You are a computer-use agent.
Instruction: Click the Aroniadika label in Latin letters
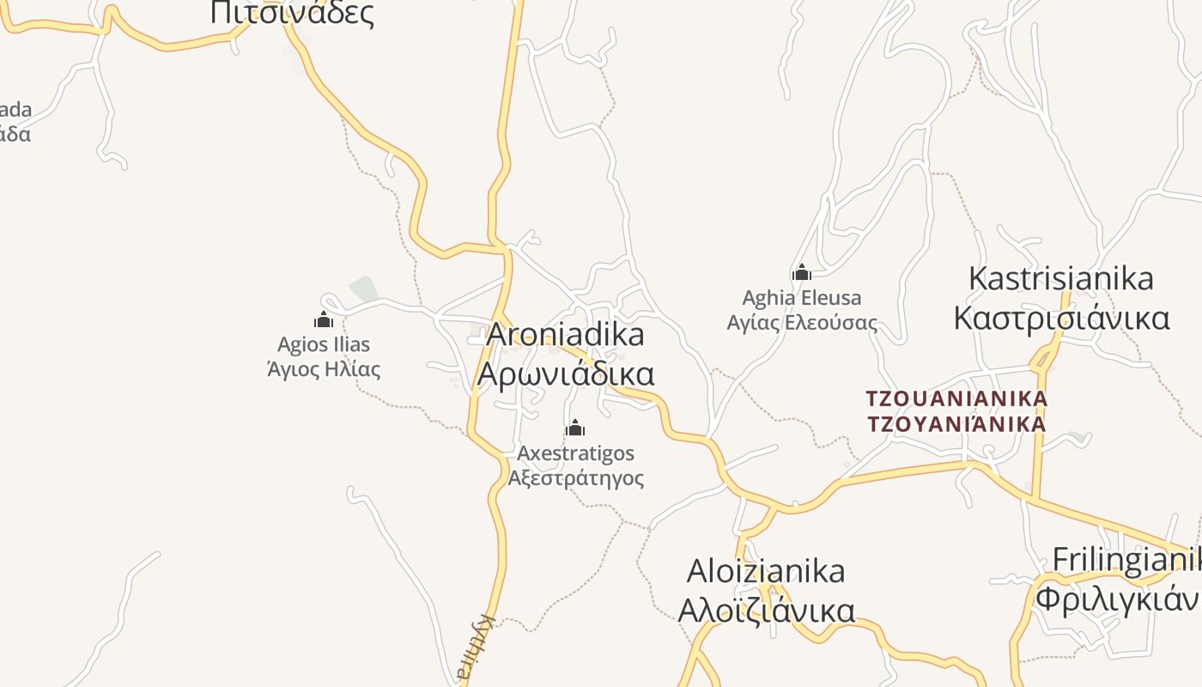[565, 335]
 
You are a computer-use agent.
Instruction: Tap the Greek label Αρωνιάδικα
[565, 374]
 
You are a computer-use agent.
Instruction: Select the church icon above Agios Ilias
[324, 320]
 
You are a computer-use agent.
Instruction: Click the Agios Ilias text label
[324, 344]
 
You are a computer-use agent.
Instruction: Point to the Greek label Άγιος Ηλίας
[324, 370]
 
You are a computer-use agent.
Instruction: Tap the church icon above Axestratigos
[575, 428]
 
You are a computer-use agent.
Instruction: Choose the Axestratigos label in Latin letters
[575, 453]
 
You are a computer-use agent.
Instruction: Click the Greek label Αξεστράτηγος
[575, 477]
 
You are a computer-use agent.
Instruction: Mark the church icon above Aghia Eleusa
[802, 273]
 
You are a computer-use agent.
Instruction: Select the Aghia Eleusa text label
[802, 298]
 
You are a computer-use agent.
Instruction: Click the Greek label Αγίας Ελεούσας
[802, 323]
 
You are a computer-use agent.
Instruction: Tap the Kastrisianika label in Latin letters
[1061, 279]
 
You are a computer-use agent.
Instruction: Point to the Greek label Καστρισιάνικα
[1061, 318]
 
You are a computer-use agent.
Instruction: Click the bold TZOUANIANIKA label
[956, 399]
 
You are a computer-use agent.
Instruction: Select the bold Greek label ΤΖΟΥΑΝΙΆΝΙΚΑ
[956, 424]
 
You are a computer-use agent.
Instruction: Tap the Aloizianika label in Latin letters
[766, 571]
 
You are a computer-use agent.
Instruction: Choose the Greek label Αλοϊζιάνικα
[766, 611]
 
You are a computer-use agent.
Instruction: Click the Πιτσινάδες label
[292, 13]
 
